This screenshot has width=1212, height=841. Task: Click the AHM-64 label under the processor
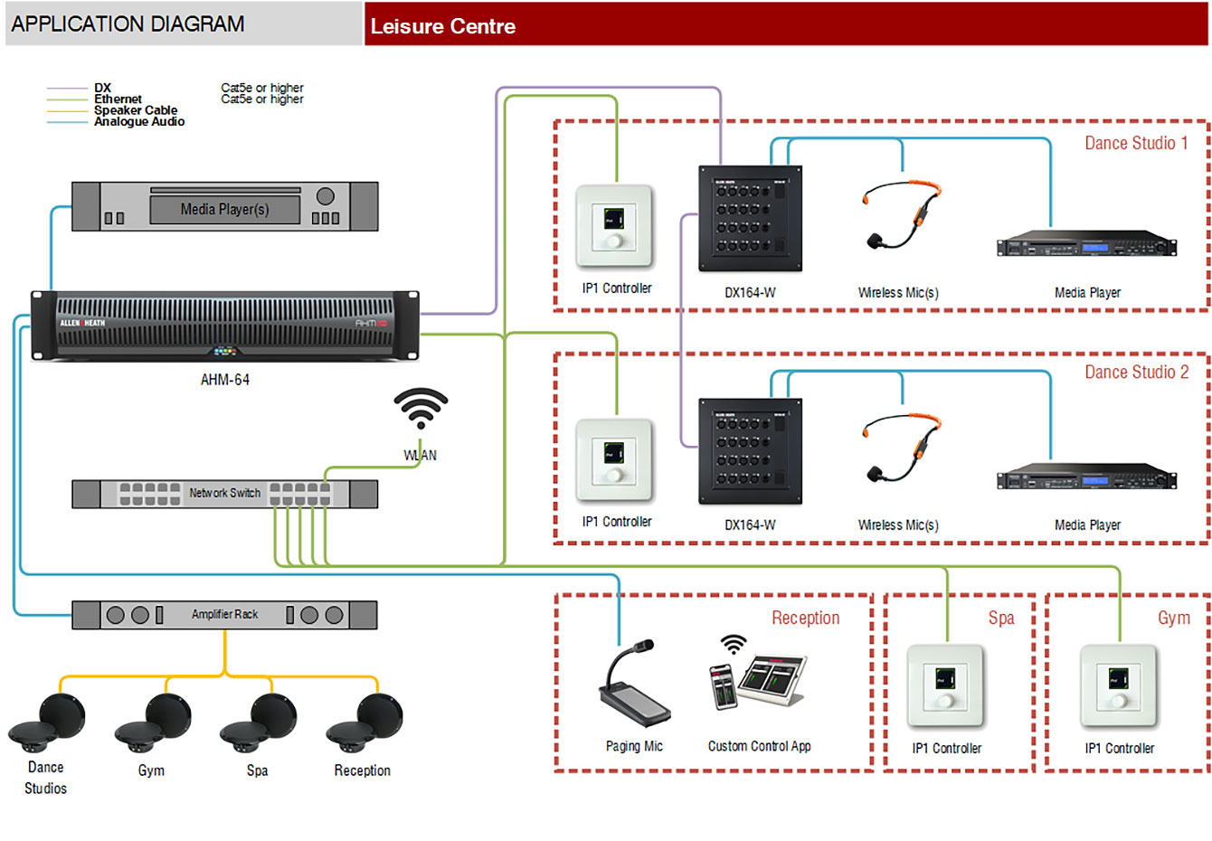click(224, 380)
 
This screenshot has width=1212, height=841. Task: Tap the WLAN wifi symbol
click(421, 409)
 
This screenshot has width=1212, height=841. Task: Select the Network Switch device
click(224, 494)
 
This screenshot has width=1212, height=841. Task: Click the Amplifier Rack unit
click(224, 615)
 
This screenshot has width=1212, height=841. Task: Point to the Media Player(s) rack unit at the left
click(224, 207)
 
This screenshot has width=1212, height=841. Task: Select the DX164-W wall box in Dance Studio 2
click(750, 451)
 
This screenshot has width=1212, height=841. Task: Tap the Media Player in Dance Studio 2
click(1086, 477)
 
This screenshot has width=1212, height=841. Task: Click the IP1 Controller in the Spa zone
click(945, 686)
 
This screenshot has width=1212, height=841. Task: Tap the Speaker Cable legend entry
click(136, 110)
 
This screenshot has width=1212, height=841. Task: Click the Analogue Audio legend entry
click(139, 122)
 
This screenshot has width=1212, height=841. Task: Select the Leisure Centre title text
click(443, 26)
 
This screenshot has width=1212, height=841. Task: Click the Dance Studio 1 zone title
click(1136, 143)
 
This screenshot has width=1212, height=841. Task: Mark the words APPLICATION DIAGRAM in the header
click(128, 24)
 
